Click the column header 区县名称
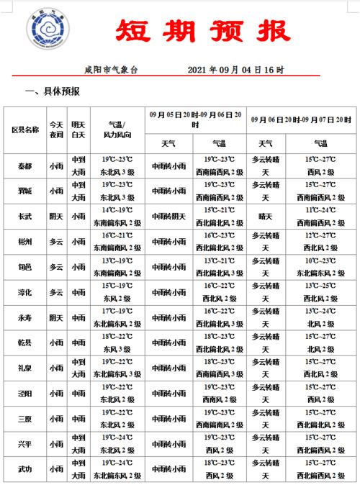coord(25,130)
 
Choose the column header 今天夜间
coord(56,130)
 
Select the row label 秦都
coord(25,166)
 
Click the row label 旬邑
coord(25,267)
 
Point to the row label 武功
coord(25,469)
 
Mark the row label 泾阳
coord(25,394)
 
